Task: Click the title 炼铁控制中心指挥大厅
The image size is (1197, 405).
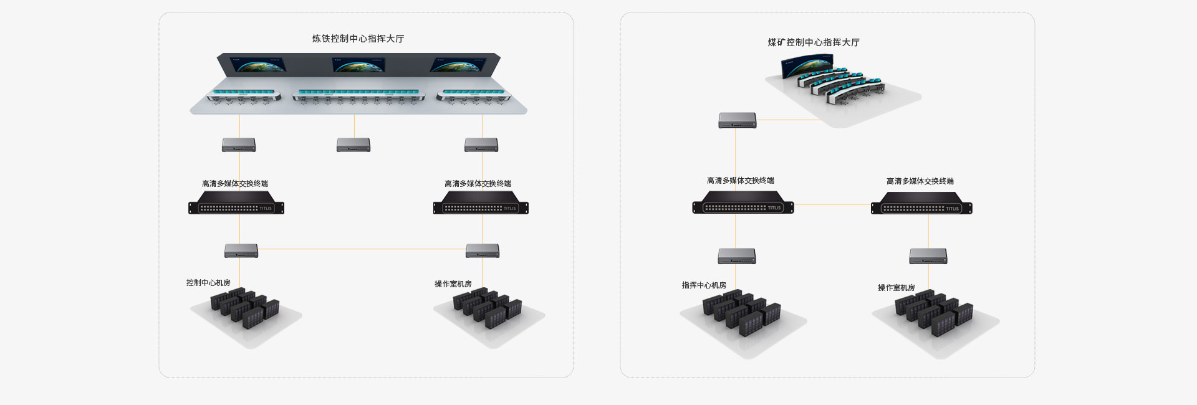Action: point(358,39)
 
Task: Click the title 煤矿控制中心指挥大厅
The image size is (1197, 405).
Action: point(814,42)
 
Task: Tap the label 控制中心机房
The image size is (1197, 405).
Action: point(208,283)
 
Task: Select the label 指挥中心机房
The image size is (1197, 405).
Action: point(704,285)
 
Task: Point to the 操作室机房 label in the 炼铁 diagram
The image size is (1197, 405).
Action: point(453,284)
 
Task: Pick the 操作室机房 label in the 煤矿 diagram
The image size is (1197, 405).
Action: point(897,288)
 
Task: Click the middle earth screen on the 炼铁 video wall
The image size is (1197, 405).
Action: point(358,65)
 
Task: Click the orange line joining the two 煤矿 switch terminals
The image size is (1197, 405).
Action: point(832,204)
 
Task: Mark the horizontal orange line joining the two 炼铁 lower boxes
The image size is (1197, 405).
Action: point(362,249)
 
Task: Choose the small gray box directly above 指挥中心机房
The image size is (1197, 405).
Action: point(737,256)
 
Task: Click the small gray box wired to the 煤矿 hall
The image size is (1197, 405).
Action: point(738,120)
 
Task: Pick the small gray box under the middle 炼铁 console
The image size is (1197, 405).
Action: point(353,145)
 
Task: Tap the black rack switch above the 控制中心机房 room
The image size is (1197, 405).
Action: point(236,204)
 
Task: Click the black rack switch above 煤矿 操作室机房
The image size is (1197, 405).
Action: point(921,204)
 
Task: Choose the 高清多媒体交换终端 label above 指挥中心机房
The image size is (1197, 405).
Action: point(741,181)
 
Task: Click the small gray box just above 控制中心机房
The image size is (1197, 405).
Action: point(241,251)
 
